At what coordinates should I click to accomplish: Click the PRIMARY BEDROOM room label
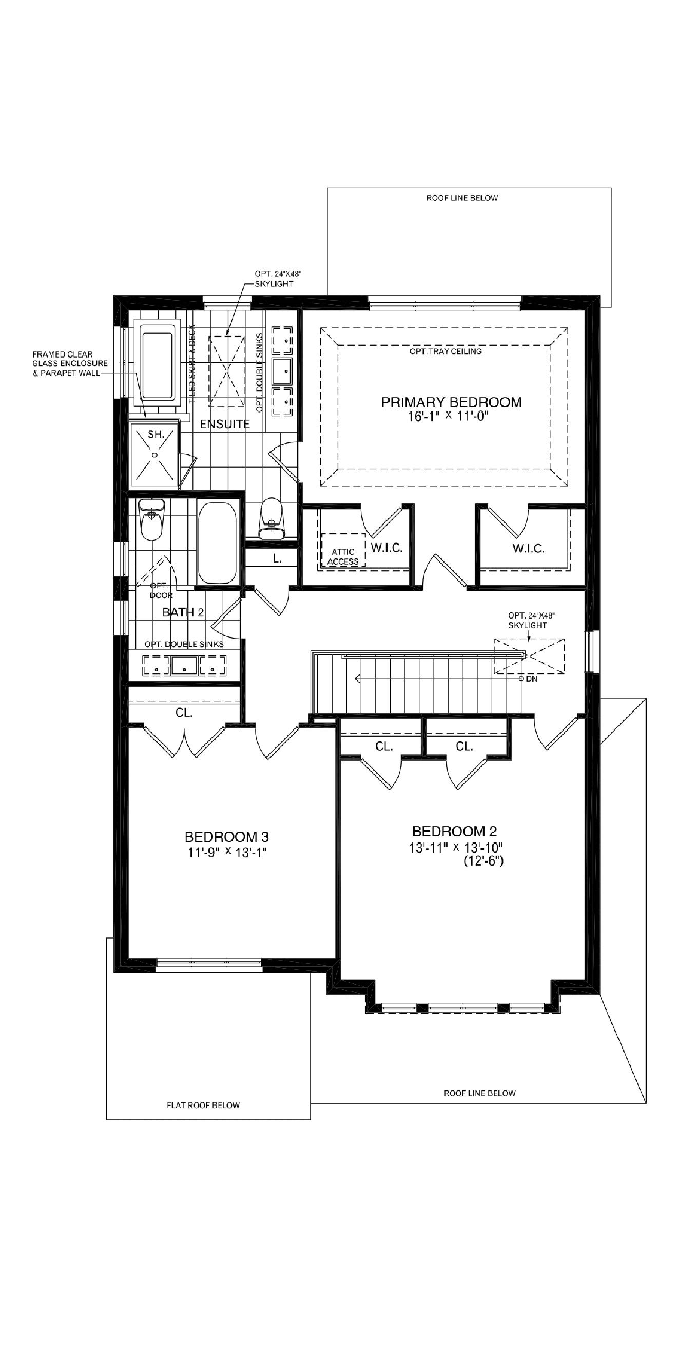pos(451,402)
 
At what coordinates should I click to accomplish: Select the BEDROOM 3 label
pos(227,837)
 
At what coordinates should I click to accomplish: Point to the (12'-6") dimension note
pos(483,861)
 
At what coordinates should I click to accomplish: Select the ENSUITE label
pos(225,424)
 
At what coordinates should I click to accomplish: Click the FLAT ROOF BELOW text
pos(203,1105)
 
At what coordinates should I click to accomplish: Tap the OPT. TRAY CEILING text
pos(446,352)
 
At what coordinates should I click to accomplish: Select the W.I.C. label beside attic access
pos(386,548)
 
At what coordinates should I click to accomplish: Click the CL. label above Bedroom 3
pos(184,713)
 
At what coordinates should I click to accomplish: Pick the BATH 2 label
pos(183,612)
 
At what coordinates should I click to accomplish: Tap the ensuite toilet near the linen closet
pos(271,518)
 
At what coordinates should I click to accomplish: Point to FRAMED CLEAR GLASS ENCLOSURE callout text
pos(70,364)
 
